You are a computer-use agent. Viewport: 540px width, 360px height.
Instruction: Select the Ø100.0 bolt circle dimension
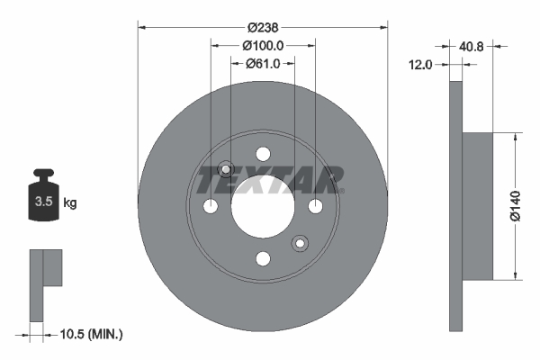tap(263, 45)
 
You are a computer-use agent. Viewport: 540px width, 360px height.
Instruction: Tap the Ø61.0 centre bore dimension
tap(263, 63)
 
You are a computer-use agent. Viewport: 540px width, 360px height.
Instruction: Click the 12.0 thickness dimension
tap(421, 65)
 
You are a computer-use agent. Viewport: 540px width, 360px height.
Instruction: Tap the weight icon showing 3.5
tap(42, 201)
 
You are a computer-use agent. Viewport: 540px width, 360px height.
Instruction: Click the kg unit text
tap(70, 203)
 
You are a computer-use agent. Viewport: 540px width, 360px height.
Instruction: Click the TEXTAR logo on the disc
tap(270, 179)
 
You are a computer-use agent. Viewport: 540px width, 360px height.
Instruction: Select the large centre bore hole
tap(263, 206)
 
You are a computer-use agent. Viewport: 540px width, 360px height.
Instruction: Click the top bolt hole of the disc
tap(263, 154)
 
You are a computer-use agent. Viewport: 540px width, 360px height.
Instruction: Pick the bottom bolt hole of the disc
tap(263, 259)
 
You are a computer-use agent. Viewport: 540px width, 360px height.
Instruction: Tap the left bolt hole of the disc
tap(211, 207)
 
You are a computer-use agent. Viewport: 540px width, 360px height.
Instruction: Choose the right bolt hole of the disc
tap(315, 207)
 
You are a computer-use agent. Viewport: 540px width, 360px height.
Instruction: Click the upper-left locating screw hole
tap(226, 169)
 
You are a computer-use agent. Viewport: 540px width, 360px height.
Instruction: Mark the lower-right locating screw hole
tap(300, 243)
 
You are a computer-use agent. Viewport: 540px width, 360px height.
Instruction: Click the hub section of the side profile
tap(477, 206)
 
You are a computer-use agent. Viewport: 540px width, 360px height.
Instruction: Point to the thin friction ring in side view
tap(454, 206)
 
